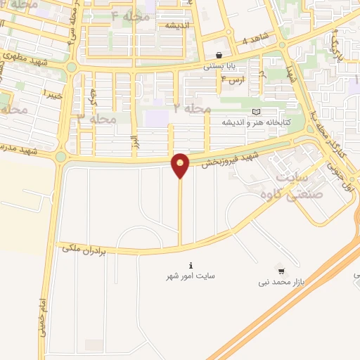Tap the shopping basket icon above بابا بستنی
tap(219, 55)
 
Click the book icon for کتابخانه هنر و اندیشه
tap(256, 112)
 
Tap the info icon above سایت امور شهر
tap(191, 265)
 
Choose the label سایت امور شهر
tap(191, 276)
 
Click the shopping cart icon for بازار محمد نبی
tap(282, 271)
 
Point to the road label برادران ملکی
tap(83, 248)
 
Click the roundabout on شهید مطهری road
tap(71, 67)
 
